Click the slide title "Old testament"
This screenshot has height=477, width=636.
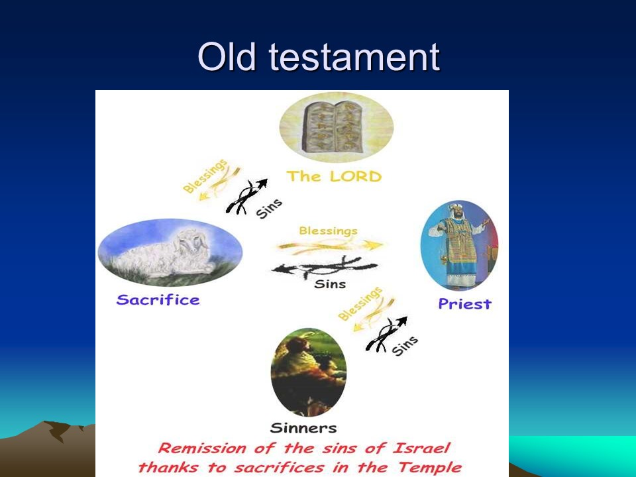coord(319,57)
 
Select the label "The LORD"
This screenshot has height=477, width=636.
coord(334,176)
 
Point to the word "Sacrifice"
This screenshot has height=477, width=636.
coord(158,299)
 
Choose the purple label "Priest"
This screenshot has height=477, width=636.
coord(465,304)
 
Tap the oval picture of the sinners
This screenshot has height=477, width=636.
coord(309,372)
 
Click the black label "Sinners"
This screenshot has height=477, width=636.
coord(303,428)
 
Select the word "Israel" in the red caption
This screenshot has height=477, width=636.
coord(422,449)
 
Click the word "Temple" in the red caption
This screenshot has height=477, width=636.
coord(429,467)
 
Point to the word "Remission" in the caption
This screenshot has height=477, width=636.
coord(202,449)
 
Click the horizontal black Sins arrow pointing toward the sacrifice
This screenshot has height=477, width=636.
coord(325,268)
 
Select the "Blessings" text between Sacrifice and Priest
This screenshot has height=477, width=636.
coord(329,231)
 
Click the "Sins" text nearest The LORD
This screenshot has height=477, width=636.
coord(270,209)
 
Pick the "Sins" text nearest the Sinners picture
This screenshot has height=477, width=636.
coord(405,346)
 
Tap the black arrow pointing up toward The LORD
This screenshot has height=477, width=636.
coord(246,196)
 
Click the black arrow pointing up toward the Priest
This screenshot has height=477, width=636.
coord(386,334)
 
